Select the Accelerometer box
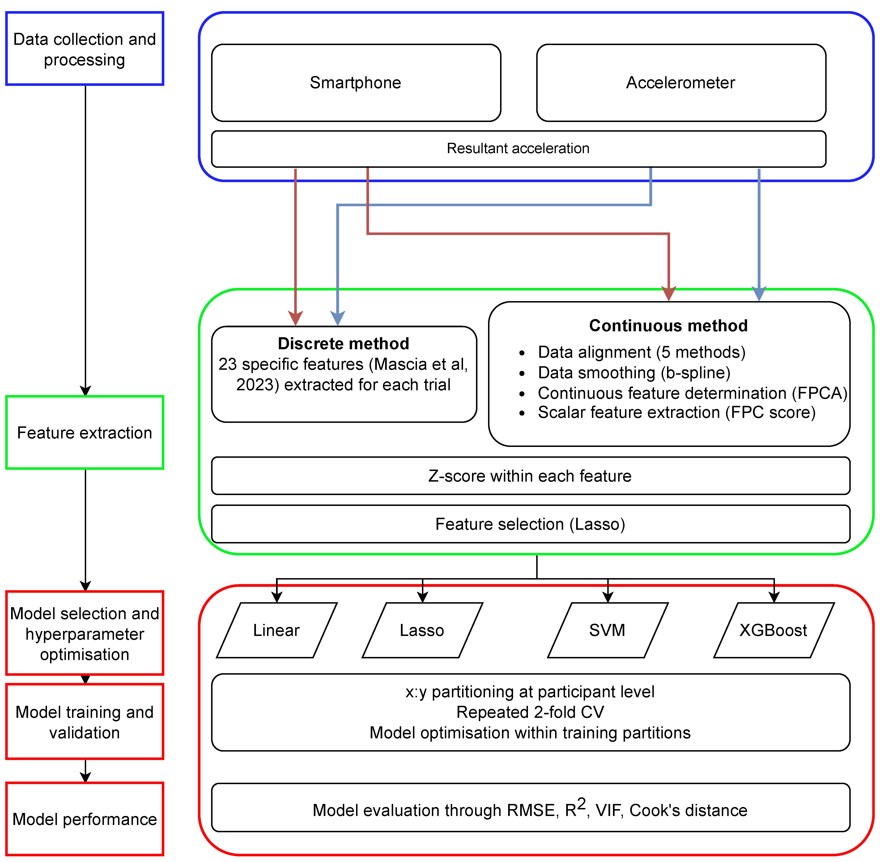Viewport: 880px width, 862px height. click(681, 83)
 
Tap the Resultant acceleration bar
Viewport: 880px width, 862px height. click(518, 148)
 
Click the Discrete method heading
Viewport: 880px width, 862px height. click(343, 344)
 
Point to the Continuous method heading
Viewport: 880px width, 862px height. click(668, 325)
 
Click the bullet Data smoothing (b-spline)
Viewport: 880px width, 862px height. click(634, 373)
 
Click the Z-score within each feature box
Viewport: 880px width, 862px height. click(530, 476)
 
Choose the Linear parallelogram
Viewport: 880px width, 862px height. click(276, 630)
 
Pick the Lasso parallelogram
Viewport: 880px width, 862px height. click(422, 630)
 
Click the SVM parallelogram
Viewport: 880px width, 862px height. click(607, 630)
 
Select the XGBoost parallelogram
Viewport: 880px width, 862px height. click(774, 630)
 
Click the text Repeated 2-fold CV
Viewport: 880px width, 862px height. click(530, 712)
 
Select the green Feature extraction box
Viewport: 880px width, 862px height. click(85, 432)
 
